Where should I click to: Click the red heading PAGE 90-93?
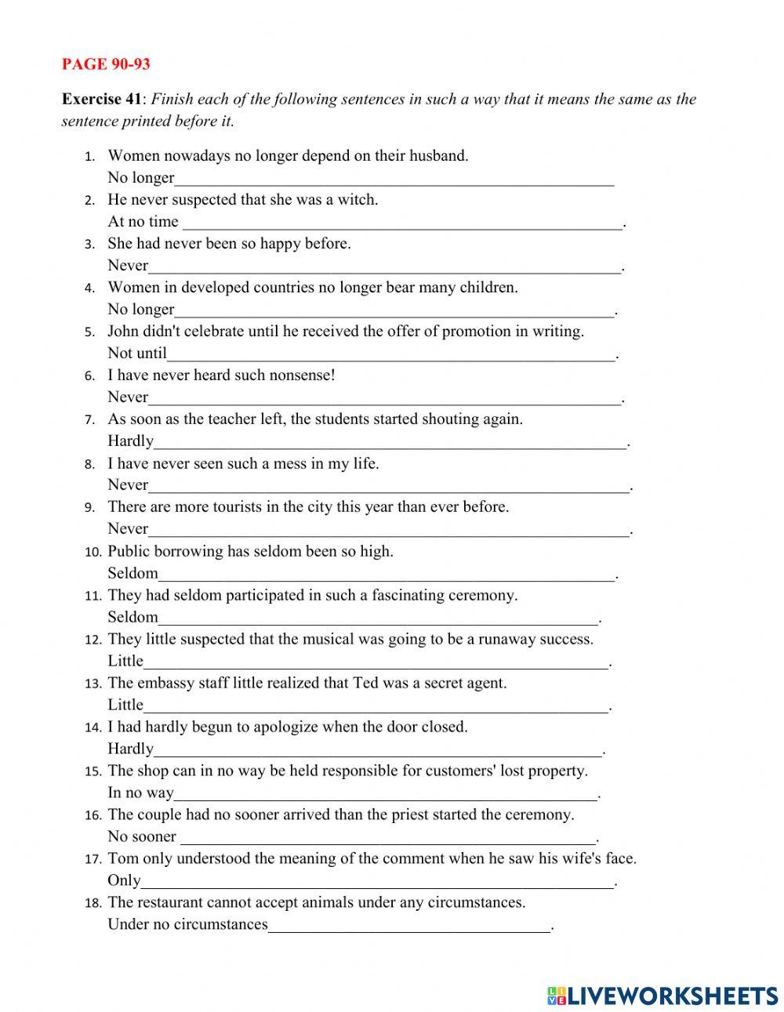[106, 63]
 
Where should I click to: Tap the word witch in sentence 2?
[357, 199]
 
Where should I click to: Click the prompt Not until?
[137, 353]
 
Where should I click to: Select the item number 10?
[93, 552]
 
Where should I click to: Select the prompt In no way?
[140, 793]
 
